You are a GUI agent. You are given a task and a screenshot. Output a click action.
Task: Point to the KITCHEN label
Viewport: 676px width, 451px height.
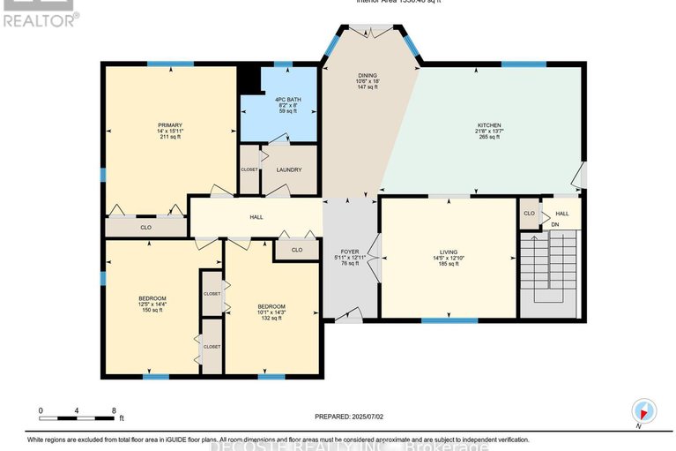[488, 124]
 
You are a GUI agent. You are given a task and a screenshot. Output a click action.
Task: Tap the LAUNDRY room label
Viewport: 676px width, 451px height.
[289, 169]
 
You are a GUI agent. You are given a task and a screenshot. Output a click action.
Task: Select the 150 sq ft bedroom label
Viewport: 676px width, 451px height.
[152, 298]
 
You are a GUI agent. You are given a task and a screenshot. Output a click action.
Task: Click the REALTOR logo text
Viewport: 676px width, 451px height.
[40, 17]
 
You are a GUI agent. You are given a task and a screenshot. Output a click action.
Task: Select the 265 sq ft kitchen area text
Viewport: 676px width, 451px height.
[488, 137]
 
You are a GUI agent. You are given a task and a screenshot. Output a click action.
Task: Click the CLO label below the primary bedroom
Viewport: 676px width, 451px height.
[145, 228]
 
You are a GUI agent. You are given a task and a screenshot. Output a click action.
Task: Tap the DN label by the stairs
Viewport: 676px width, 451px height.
[554, 224]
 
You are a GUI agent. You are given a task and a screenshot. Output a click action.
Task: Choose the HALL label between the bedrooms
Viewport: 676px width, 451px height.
[256, 216]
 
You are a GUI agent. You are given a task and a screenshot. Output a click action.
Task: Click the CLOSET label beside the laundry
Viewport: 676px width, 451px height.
[249, 169]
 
